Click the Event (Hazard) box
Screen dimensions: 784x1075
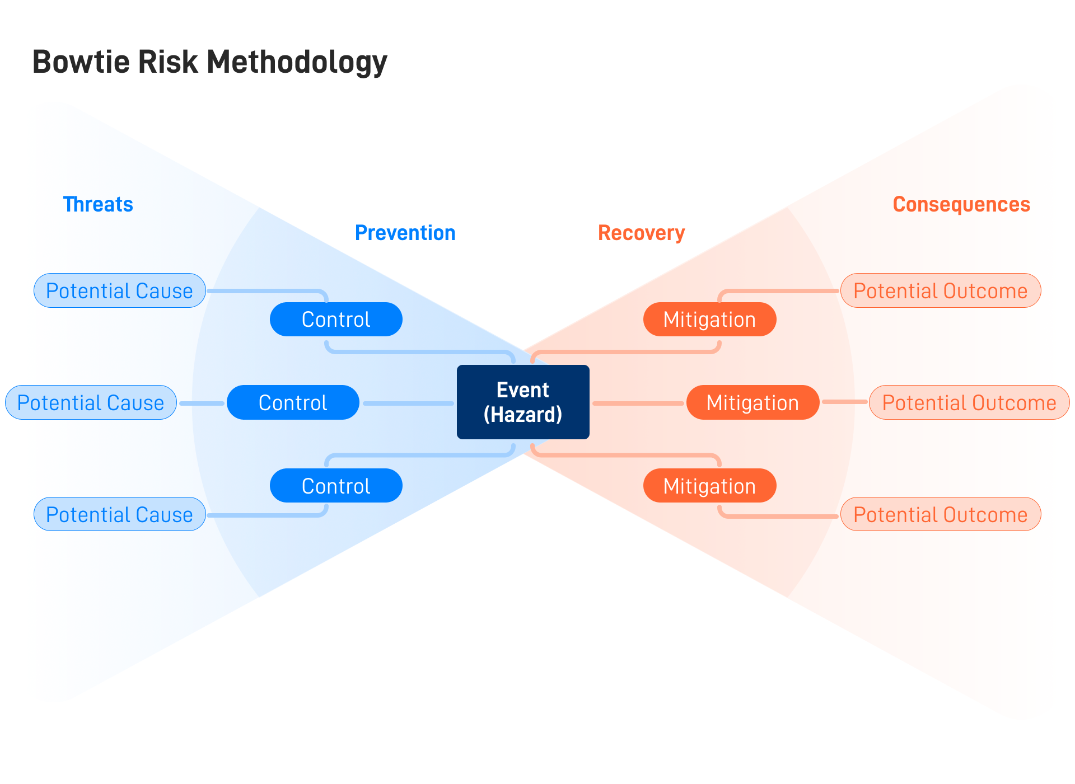point(523,402)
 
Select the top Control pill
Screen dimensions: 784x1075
point(336,319)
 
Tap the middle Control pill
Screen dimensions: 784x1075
point(293,402)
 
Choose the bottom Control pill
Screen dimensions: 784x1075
point(336,486)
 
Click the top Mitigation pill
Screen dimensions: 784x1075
point(709,319)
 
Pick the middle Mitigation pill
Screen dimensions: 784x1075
point(752,402)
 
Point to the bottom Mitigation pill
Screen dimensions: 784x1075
point(709,486)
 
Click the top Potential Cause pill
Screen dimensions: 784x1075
point(119,290)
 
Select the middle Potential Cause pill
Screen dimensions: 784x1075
point(91,402)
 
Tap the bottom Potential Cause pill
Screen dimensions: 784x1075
point(119,514)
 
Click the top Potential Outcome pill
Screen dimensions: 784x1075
point(940,290)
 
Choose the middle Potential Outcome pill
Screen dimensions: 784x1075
point(969,402)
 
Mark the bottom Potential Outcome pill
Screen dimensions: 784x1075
point(940,514)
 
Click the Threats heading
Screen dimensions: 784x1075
point(98,204)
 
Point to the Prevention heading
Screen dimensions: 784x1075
point(405,233)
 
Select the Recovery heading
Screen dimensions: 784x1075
point(641,233)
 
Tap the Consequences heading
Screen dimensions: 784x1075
point(961,204)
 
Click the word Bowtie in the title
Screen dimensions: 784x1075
point(81,62)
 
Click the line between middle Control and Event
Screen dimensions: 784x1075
point(408,403)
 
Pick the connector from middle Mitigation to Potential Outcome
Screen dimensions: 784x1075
point(844,402)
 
